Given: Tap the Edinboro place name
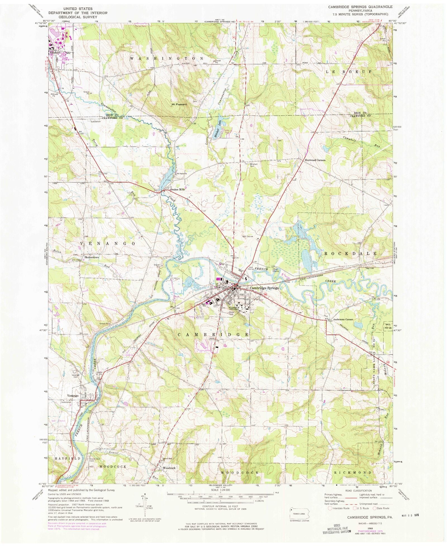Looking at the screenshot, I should pos(55,52).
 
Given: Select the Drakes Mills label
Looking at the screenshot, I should pos(178,190).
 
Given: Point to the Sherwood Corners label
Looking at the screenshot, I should pos(315,160).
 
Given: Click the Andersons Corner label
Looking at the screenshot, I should pos(343,319).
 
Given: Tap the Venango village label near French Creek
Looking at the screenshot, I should pos(72,396).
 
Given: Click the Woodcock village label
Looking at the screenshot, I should pos(169,468).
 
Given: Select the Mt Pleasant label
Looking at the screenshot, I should pos(179,104).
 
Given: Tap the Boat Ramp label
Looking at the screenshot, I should pos(276,270).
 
